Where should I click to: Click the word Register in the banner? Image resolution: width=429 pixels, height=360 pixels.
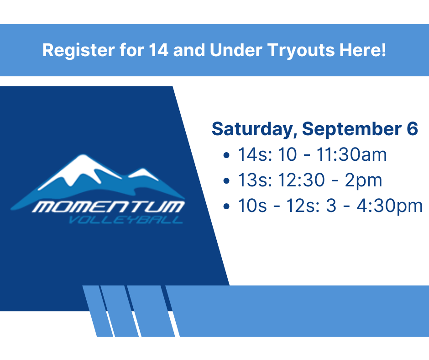tap(78, 51)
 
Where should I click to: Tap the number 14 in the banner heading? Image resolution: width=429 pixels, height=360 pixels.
tap(158, 50)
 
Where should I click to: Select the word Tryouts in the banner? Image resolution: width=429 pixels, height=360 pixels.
tap(301, 51)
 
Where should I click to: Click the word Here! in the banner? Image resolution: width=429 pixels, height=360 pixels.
tap(363, 50)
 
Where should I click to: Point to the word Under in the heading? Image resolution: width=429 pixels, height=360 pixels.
tap(236, 50)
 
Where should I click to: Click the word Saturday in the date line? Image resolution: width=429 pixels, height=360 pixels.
tap(255, 129)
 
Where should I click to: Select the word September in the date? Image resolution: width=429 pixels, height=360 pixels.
tap(352, 129)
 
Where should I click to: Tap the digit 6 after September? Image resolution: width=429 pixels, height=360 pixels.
tap(412, 129)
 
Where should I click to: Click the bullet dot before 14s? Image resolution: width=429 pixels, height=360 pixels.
tap(226, 155)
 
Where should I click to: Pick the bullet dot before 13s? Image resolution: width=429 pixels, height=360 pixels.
tap(226, 180)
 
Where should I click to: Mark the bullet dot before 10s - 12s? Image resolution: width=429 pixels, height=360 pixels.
tap(226, 206)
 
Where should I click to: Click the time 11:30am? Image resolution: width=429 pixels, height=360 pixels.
tap(352, 154)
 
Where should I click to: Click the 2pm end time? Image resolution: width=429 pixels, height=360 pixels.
tap(363, 180)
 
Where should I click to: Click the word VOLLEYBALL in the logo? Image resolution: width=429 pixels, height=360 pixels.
tap(126, 220)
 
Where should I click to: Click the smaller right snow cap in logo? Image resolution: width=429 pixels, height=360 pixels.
tap(143, 174)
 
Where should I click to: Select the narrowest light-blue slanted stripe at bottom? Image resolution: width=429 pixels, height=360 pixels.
tap(98, 311)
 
